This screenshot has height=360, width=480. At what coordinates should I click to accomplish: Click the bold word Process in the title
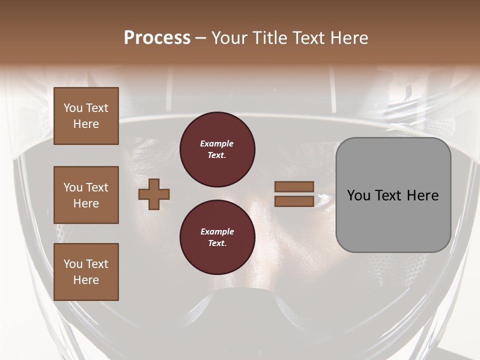157,38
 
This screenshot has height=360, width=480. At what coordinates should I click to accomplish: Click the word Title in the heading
269,38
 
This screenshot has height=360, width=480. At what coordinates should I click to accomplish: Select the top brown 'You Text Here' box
86,116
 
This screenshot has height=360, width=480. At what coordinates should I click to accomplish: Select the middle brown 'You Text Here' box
86,195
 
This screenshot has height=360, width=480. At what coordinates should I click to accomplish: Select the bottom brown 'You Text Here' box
86,272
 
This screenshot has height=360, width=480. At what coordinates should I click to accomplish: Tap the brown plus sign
154,194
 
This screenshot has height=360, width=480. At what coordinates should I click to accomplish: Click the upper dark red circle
217,149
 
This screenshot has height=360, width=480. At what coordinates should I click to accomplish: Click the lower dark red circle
217,237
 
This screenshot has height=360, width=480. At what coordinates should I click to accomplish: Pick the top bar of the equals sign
294,187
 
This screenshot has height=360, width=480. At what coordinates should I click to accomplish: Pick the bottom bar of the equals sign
294,201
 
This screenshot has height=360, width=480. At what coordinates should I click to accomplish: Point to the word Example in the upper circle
217,143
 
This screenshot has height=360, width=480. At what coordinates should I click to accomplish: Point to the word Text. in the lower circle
217,243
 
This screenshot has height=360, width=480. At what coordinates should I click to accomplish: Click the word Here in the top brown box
86,124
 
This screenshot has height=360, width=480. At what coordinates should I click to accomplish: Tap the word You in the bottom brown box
72,264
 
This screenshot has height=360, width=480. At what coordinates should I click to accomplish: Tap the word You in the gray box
359,195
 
